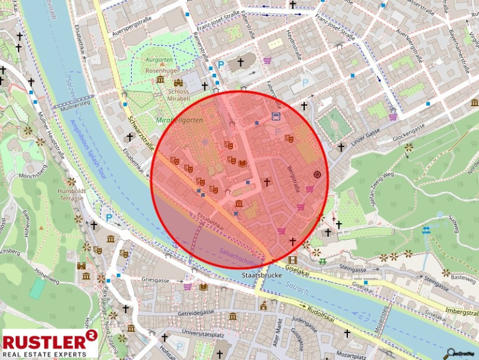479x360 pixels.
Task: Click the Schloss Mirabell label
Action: tap(178, 94)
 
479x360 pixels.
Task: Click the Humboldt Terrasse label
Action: tap(71, 194)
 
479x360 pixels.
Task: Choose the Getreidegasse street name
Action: tap(197, 312)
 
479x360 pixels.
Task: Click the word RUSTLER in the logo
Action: tap(44, 341)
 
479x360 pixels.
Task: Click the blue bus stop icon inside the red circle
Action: tap(275, 116)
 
